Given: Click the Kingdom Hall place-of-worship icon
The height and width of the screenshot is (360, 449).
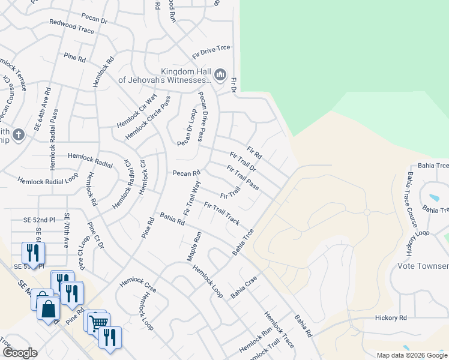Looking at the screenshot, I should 220,74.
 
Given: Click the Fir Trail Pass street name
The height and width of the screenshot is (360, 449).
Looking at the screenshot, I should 243,178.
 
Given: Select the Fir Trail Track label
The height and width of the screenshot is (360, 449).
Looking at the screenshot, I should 222,214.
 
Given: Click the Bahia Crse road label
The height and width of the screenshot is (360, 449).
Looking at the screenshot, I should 244,286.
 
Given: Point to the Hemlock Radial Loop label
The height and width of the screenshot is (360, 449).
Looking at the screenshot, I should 47,179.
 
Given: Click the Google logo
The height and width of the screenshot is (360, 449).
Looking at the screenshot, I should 20,353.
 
